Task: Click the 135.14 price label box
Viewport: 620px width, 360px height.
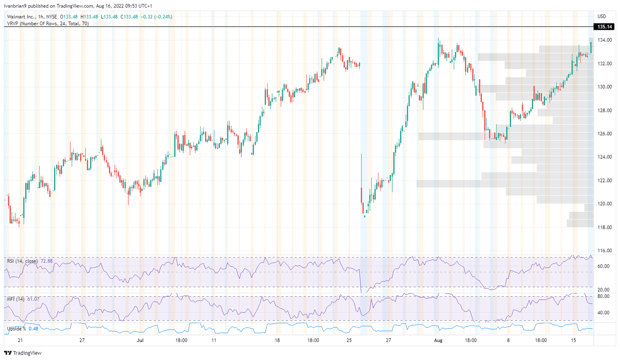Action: pos(604,27)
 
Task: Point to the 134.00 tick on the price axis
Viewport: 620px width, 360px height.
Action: pos(605,40)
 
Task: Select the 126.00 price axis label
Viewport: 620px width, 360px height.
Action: pos(605,134)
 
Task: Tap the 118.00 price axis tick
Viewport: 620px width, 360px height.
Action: pos(605,227)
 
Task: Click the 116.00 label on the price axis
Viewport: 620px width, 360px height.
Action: pos(605,251)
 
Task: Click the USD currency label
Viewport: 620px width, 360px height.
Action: pos(602,17)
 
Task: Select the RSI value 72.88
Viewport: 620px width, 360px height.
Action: pos(46,261)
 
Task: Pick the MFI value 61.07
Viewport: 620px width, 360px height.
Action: pos(33,299)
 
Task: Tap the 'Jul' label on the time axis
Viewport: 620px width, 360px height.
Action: pos(140,340)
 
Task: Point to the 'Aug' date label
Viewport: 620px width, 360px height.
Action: pos(438,340)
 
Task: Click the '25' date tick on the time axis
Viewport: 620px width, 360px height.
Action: pos(349,340)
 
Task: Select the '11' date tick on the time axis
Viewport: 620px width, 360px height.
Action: pos(214,340)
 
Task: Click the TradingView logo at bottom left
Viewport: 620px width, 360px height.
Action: pos(23,353)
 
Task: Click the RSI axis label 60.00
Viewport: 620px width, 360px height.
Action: pos(603,266)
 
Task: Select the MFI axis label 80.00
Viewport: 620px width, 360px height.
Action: pos(603,296)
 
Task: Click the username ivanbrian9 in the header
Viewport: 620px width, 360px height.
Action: pos(15,6)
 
